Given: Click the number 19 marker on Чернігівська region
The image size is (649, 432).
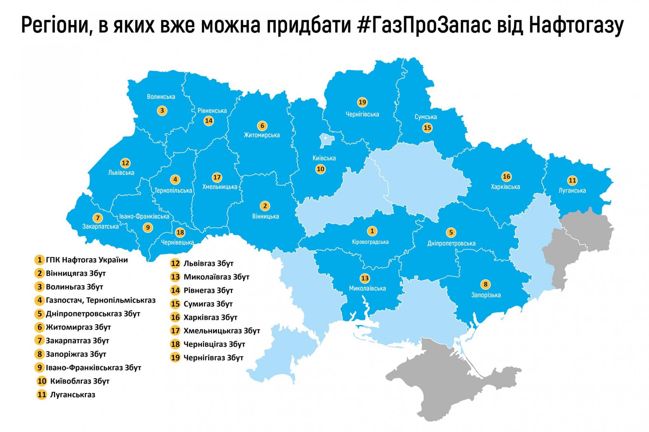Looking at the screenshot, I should pos(362,102).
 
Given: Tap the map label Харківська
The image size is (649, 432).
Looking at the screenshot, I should pos(505,187).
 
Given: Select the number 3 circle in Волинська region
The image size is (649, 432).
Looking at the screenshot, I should pos(162,111).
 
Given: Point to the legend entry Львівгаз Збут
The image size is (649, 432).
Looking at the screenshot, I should pos(208,263).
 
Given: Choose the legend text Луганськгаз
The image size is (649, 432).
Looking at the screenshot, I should pos(73,395).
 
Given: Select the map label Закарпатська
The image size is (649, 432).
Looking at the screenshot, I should pos(100,226).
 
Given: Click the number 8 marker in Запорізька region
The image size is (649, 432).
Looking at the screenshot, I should pos(485,284).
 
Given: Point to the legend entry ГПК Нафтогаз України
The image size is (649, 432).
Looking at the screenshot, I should pos(87,260).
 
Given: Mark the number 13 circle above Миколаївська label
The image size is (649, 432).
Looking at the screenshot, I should pos(365,278).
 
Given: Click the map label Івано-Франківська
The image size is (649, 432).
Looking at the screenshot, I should pos(144,216).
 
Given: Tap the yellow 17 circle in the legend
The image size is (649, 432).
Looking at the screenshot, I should pos(175,330).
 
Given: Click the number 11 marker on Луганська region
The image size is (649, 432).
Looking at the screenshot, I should pos(572,180).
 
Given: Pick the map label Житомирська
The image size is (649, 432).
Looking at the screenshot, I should pos(262,135).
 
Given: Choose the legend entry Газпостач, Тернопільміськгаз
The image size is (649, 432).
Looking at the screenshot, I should pos(101,300).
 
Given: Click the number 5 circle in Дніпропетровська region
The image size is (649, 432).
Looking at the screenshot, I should pos(451,232).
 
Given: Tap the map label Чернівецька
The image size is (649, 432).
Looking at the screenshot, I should pos(177,242).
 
